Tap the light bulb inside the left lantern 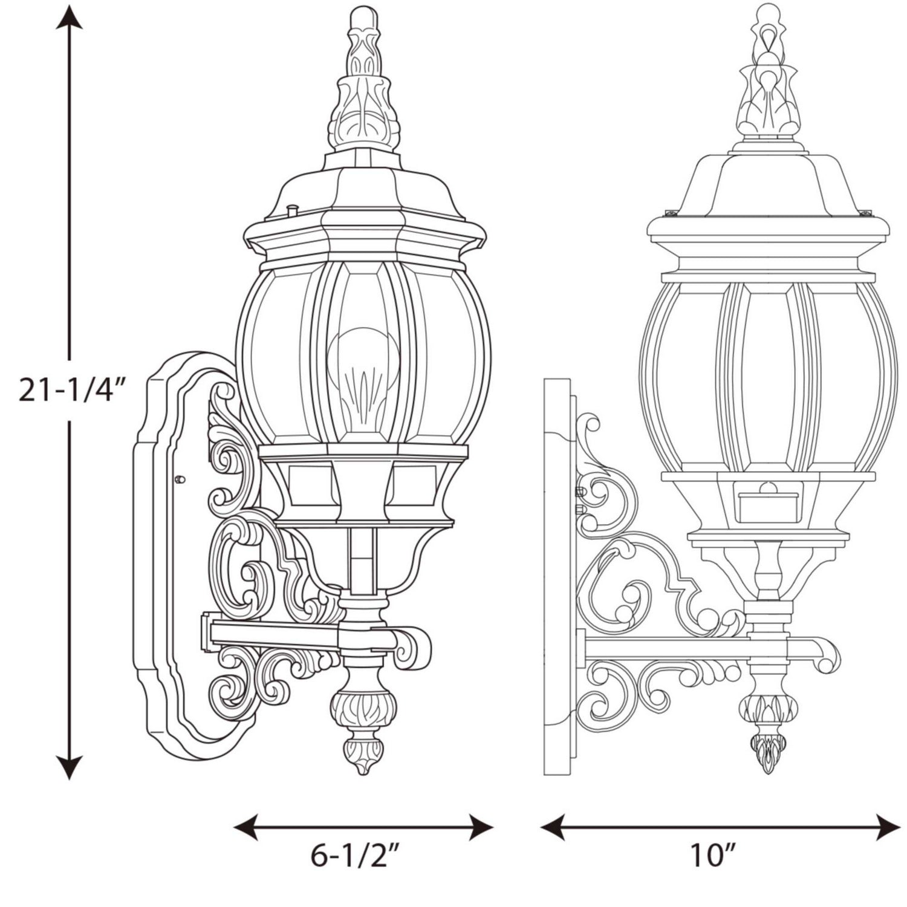(363, 378)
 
